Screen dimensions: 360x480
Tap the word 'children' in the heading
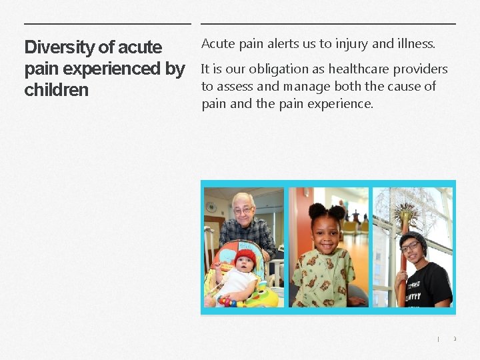pyautogui.click(x=56, y=90)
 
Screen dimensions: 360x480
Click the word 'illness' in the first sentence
pyautogui.click(x=415, y=44)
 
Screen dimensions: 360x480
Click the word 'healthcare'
pyautogui.click(x=357, y=69)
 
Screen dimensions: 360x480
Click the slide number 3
pyautogui.click(x=455, y=339)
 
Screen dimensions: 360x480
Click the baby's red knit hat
pyautogui.click(x=245, y=256)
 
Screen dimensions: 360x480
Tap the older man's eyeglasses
pyautogui.click(x=243, y=211)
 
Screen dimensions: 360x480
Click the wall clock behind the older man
pyautogui.click(x=211, y=207)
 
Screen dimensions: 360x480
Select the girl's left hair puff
pyautogui.click(x=317, y=211)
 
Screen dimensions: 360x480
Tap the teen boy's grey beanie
pyautogui.click(x=412, y=237)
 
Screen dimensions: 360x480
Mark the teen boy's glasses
pyautogui.click(x=411, y=248)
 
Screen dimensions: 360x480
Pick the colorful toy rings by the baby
pyautogui.click(x=230, y=300)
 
